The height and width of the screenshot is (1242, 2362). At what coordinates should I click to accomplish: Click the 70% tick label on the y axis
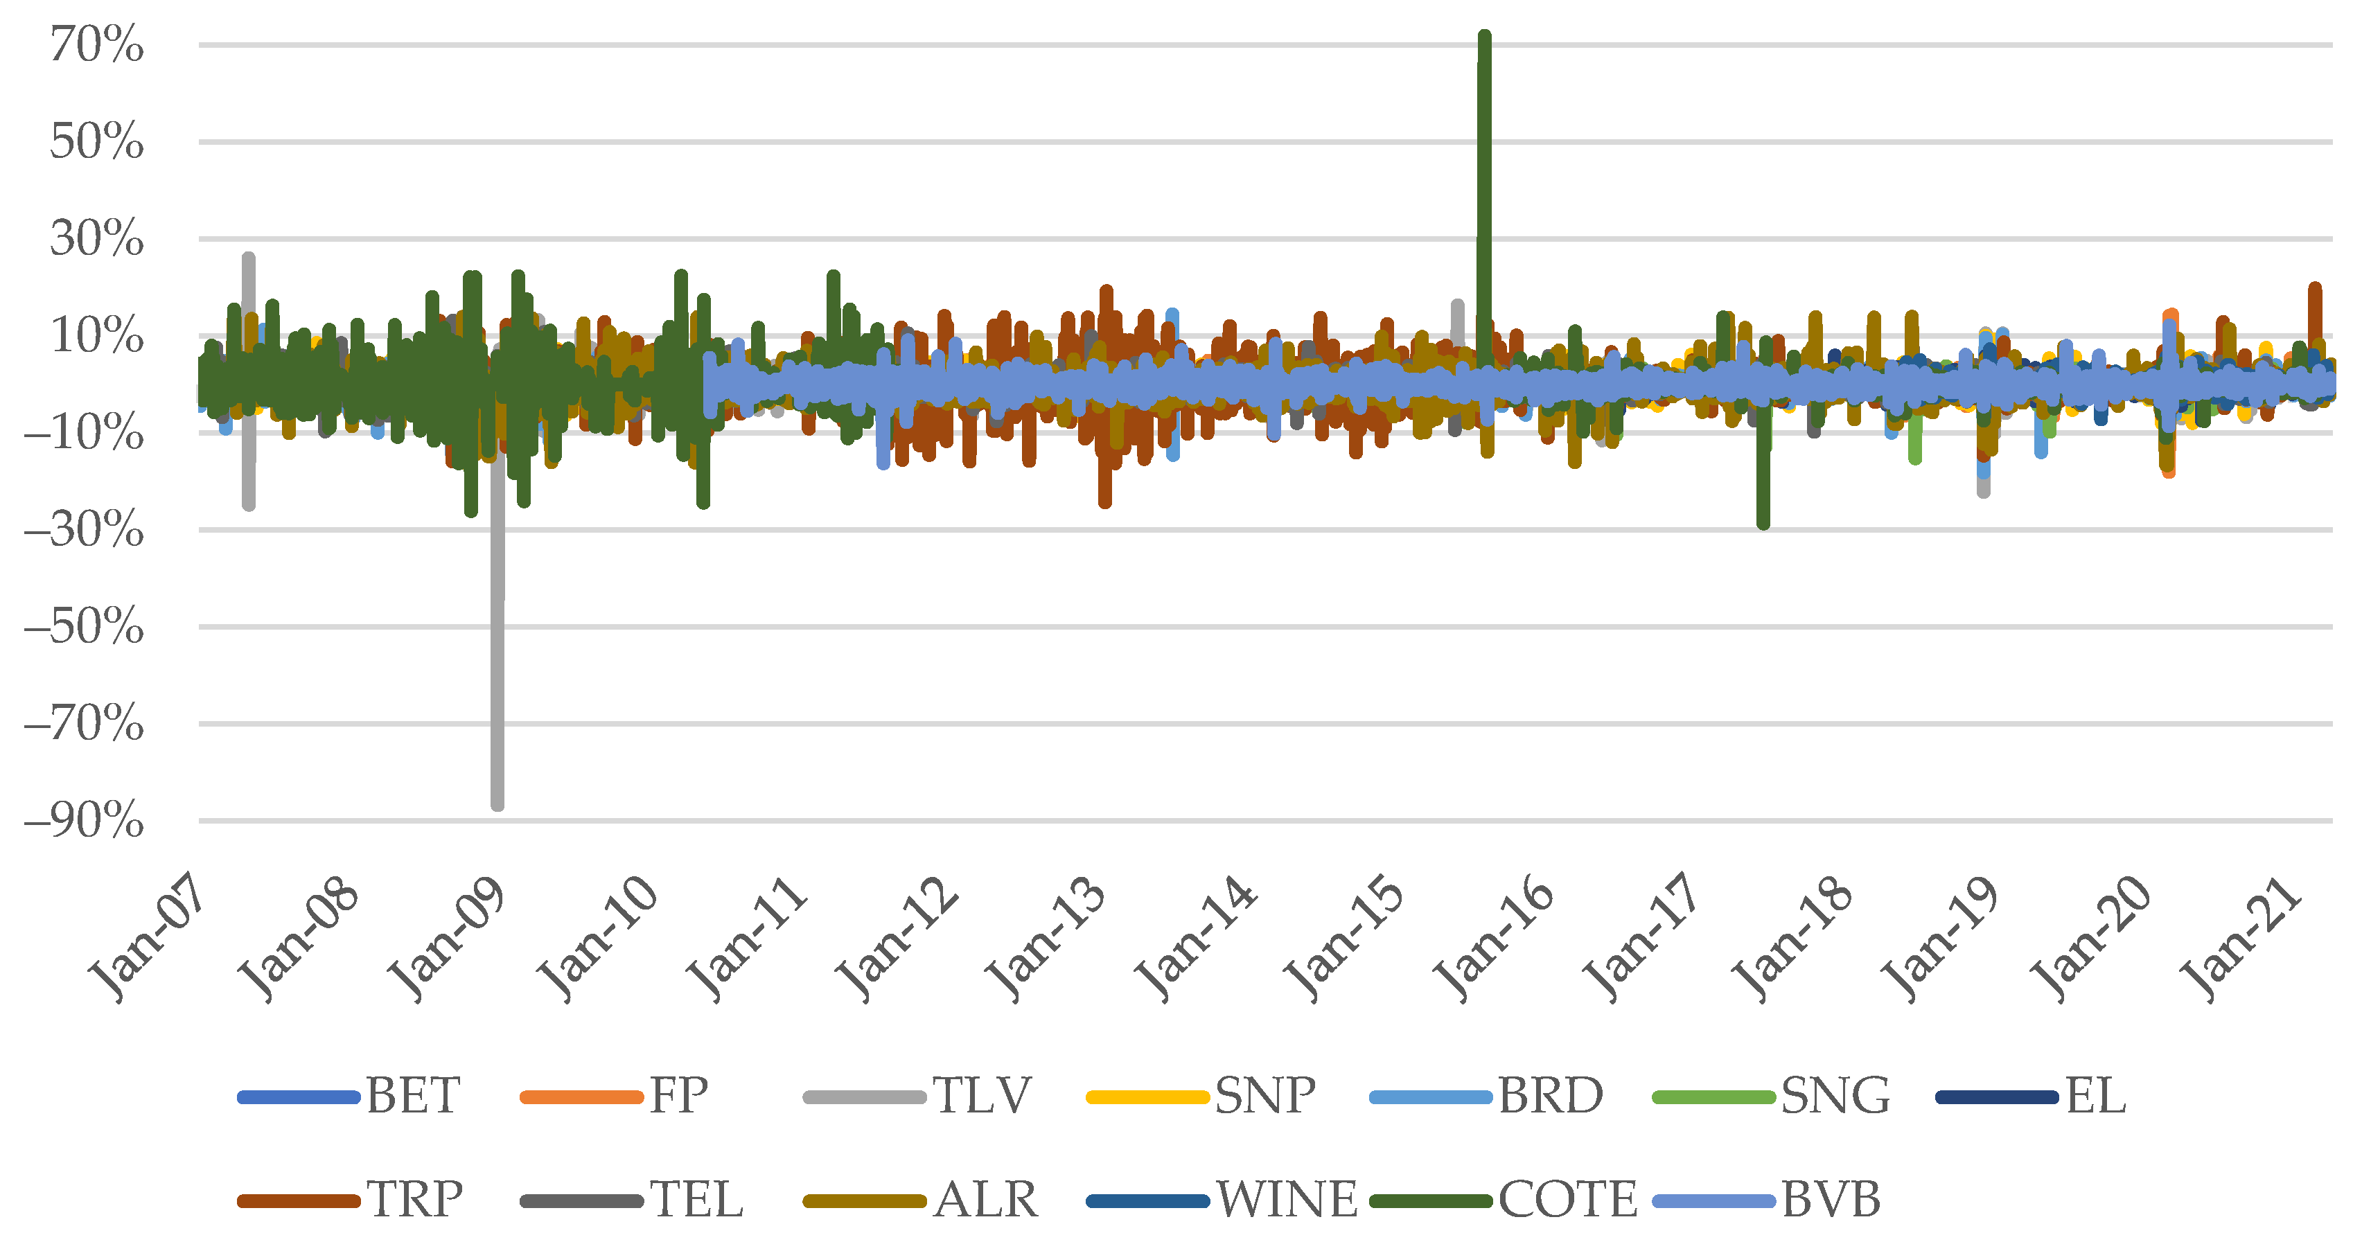(x=97, y=45)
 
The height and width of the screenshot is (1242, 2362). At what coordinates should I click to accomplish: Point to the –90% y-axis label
(x=85, y=820)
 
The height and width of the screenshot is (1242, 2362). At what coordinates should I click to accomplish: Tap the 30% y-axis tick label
(x=97, y=238)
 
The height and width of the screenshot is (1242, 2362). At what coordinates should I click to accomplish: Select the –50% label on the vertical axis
(x=85, y=627)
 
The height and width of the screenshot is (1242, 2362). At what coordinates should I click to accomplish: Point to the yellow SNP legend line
(x=1146, y=1097)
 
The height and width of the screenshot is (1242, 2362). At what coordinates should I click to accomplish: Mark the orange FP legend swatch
(x=581, y=1097)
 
